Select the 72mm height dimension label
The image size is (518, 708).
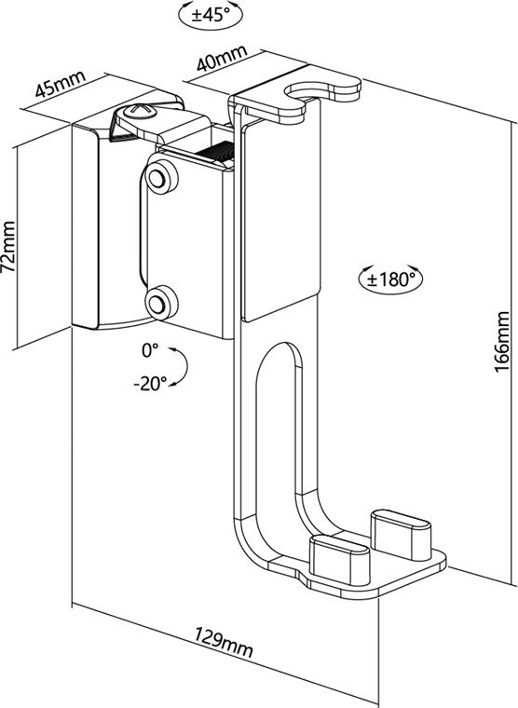pyautogui.click(x=9, y=247)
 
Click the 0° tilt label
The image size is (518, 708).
pyautogui.click(x=151, y=350)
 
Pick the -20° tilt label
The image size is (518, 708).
pyautogui.click(x=149, y=381)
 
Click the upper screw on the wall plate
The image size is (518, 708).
pyautogui.click(x=161, y=177)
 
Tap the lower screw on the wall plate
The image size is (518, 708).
pyautogui.click(x=161, y=301)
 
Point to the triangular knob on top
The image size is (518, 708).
pyautogui.click(x=137, y=116)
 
